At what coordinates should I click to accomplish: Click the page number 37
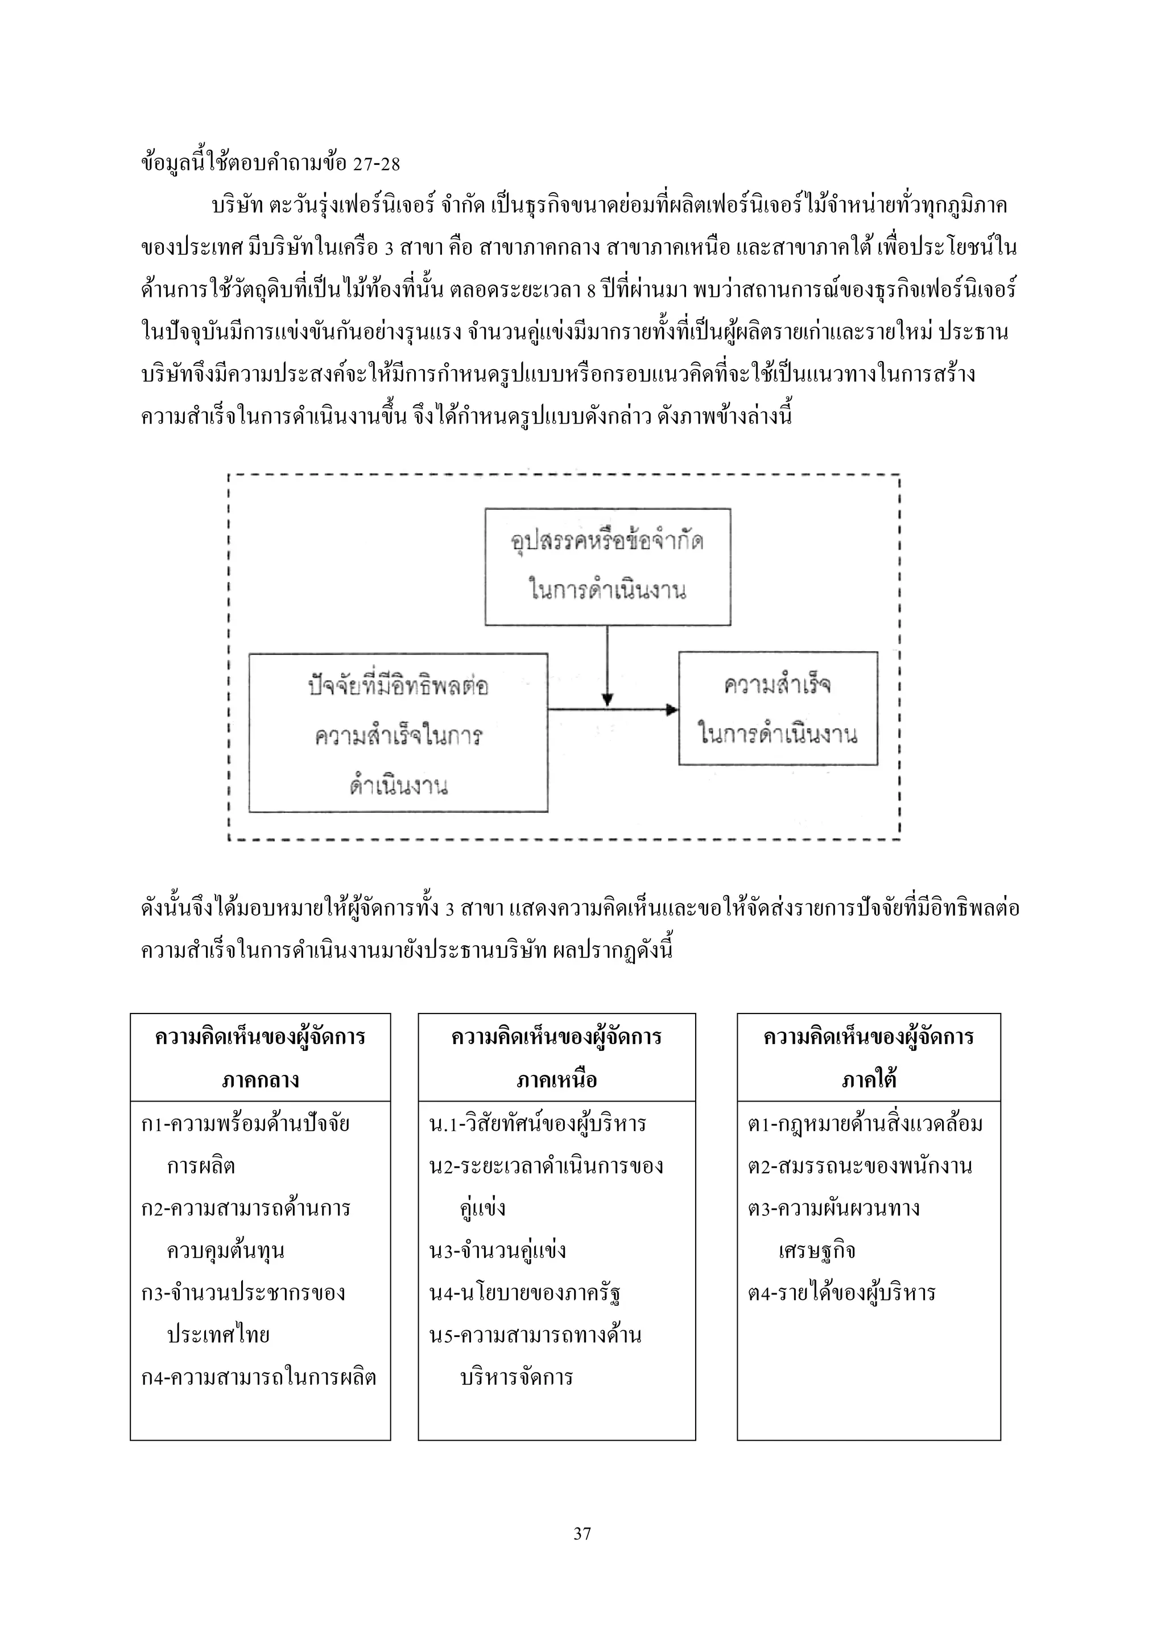[582, 1534]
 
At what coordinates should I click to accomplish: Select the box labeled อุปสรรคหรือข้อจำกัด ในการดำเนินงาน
[608, 566]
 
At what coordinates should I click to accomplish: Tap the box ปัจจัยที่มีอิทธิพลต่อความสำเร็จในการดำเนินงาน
[398, 733]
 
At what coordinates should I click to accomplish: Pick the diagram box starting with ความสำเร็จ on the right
[778, 708]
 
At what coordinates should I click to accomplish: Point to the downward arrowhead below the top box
[608, 700]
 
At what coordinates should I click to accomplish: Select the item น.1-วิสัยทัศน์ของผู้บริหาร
[538, 1123]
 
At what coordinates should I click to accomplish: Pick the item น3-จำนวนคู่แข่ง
[497, 1250]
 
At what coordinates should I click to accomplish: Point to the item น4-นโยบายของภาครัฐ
[524, 1293]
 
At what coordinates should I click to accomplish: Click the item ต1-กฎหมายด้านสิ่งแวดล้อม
[865, 1123]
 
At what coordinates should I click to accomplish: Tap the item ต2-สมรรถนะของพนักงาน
[860, 1166]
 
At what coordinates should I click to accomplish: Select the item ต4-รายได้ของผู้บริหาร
[841, 1293]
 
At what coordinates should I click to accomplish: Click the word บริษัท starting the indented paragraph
[237, 206]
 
